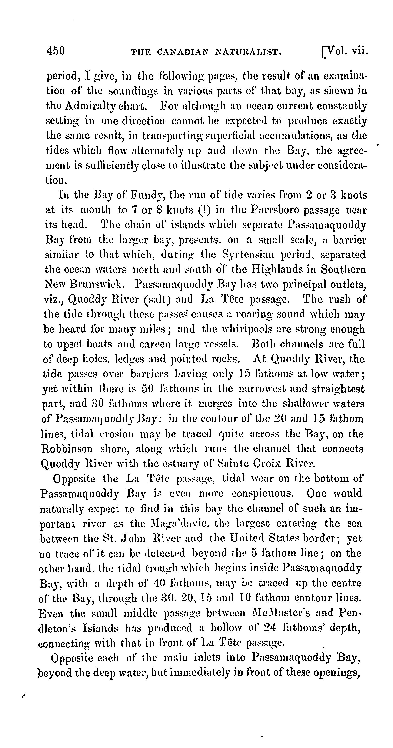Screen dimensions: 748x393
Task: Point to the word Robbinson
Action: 67,449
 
